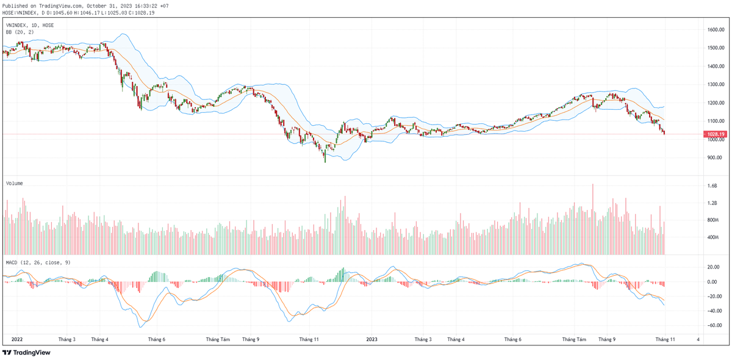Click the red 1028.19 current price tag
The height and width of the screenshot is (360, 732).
click(715, 134)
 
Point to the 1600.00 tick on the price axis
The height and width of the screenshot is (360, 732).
click(715, 29)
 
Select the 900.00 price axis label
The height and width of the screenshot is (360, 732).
click(715, 157)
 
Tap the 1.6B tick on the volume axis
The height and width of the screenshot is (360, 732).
click(712, 185)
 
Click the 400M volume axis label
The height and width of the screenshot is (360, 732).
click(713, 237)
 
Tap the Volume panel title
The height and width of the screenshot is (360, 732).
click(15, 182)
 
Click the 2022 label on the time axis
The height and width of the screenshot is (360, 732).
click(17, 339)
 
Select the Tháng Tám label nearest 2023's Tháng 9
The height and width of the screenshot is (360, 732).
click(574, 339)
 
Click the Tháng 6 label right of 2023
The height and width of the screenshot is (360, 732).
click(512, 339)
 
